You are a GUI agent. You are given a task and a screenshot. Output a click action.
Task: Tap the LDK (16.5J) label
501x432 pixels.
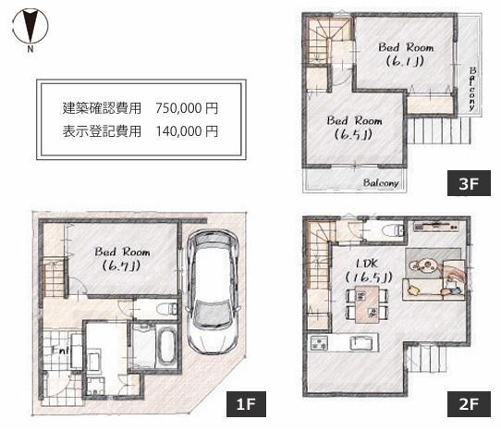click(360, 268)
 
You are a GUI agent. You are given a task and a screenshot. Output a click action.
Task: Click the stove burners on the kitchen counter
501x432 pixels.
click(320, 344)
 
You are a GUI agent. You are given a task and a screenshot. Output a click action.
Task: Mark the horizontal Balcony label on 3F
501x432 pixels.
click(380, 182)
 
